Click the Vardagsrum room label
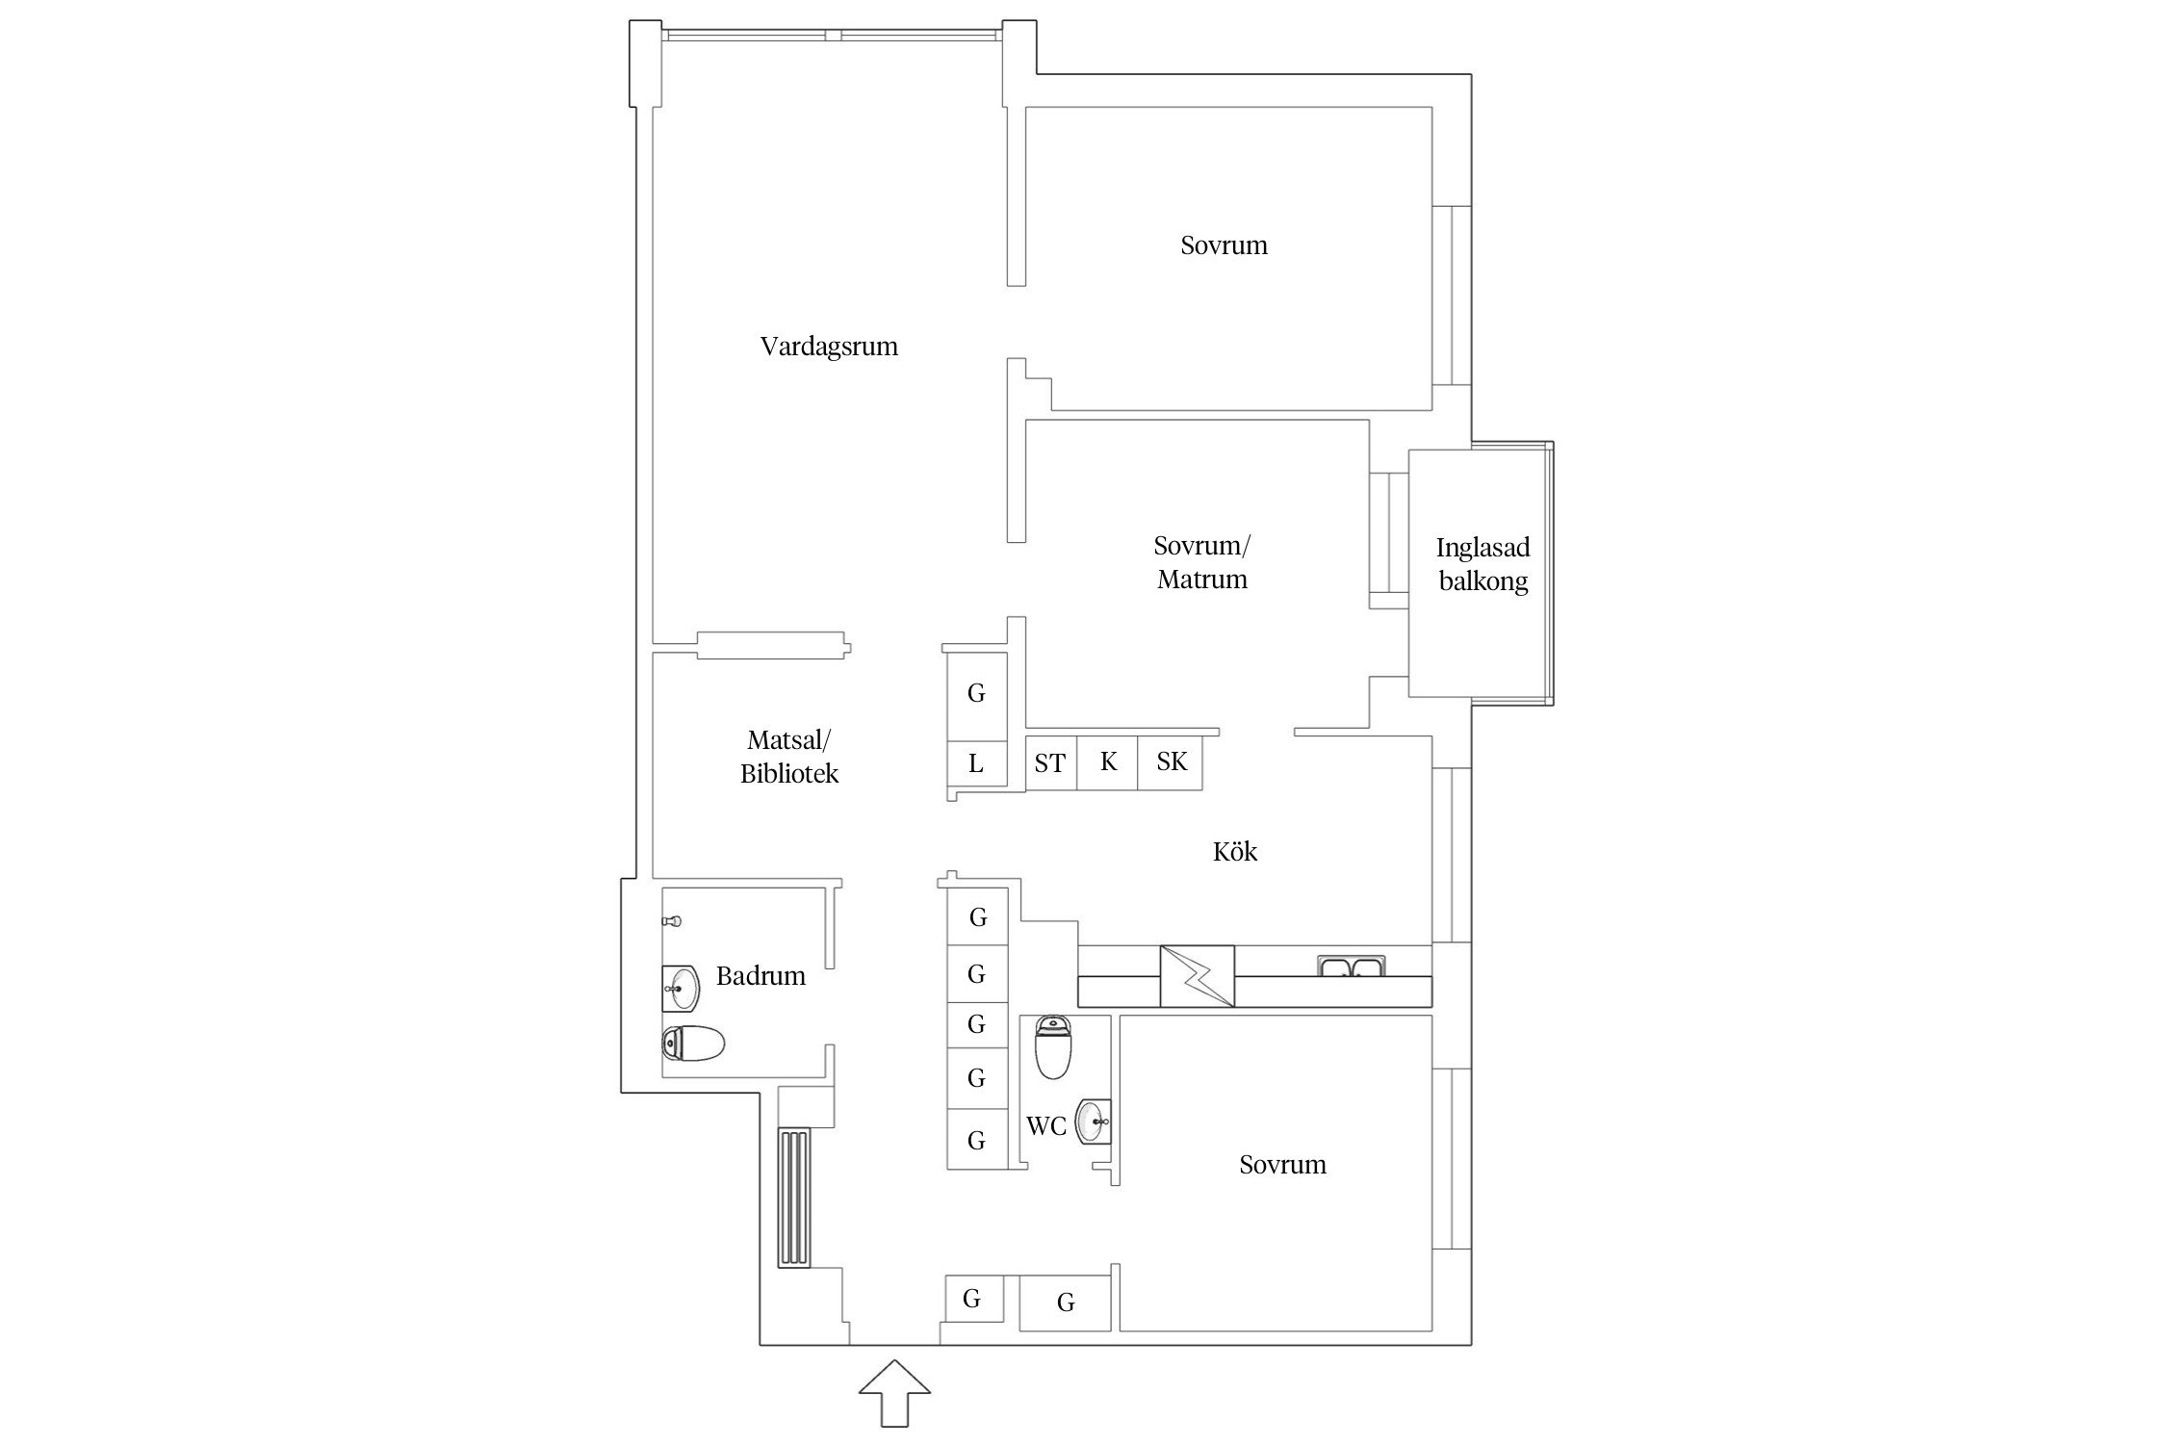tap(829, 347)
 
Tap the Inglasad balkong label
tap(1483, 564)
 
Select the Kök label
tap(1235, 851)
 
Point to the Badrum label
tap(761, 976)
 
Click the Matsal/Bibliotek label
tap(789, 757)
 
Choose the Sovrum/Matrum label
tap(1202, 562)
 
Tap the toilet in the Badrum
tap(693, 1044)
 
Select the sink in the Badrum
tap(681, 989)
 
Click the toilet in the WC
tap(1053, 1047)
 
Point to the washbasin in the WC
tap(1094, 1121)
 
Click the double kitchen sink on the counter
tap(1352, 967)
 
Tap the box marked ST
tap(1050, 763)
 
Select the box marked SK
tap(1171, 763)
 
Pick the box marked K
tap(1107, 763)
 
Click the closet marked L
tap(976, 764)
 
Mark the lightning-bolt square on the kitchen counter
tap(1197, 976)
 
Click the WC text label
tap(1046, 1126)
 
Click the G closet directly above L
tap(976, 696)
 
